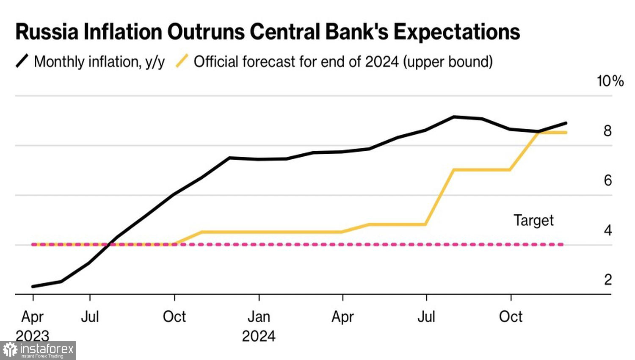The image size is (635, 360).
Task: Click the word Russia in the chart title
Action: tap(47, 32)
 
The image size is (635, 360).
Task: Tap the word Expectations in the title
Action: tap(457, 32)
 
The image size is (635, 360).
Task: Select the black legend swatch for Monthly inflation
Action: tap(22, 61)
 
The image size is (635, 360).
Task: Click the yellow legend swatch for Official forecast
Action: tap(182, 61)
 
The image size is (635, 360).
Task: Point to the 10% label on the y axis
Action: tap(610, 81)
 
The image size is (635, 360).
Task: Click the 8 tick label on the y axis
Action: tap(607, 131)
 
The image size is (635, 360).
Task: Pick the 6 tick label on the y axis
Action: tap(607, 180)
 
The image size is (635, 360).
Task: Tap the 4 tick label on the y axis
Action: tap(607, 230)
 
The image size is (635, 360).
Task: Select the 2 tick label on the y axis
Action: tap(607, 280)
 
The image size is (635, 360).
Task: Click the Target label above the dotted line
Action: tap(533, 220)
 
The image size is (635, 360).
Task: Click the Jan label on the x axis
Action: tap(259, 317)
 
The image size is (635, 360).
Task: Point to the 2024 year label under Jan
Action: tap(259, 336)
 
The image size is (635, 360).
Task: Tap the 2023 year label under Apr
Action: tap(33, 336)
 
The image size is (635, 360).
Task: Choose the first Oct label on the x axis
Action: tap(174, 317)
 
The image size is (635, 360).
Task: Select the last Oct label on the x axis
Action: tap(511, 317)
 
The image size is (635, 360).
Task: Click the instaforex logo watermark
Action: tap(38, 350)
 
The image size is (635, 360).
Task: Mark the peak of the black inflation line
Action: tap(454, 116)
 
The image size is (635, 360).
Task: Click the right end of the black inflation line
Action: tap(566, 123)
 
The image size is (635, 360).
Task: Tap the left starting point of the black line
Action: tap(33, 287)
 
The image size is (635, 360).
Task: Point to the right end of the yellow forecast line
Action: tap(566, 133)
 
